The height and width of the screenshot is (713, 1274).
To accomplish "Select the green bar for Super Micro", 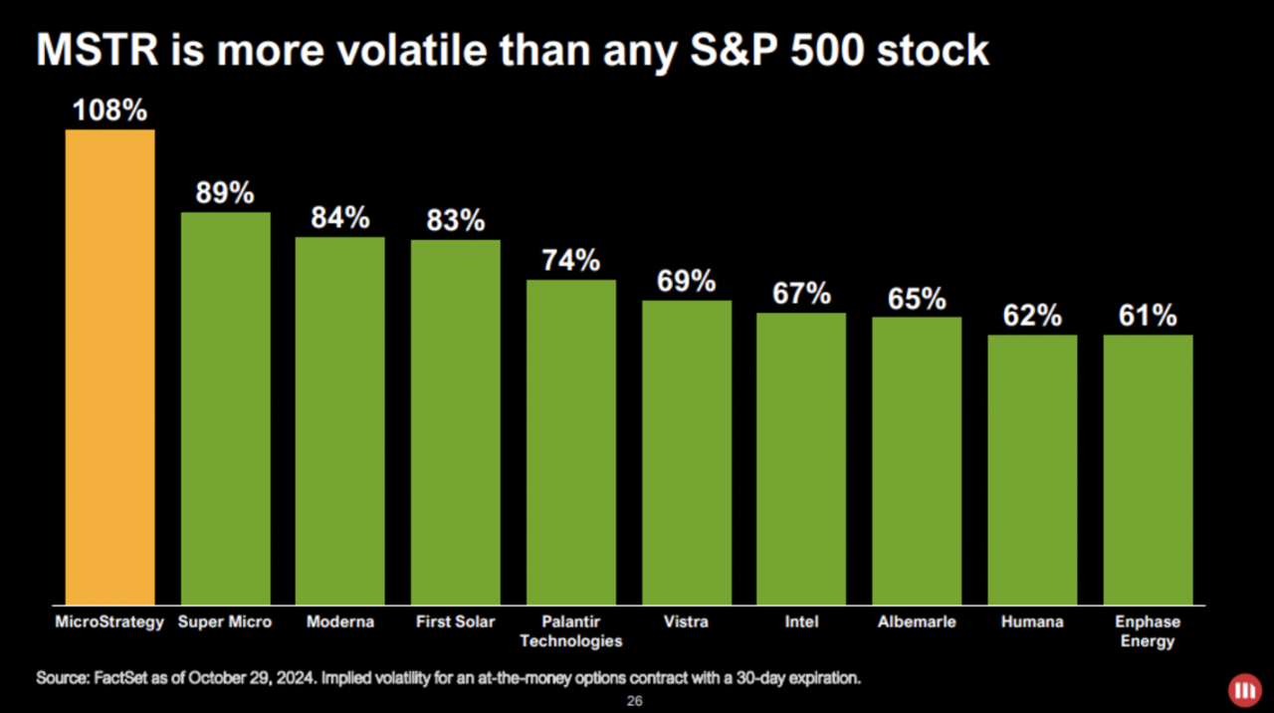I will pyautogui.click(x=225, y=408).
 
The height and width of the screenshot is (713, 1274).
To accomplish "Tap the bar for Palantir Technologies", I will pyautogui.click(x=571, y=442).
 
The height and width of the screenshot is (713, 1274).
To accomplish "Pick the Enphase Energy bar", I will pyautogui.click(x=1148, y=470).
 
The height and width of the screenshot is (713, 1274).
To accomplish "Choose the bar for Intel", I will pyautogui.click(x=801, y=459).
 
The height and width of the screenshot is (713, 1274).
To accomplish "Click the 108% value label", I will pyautogui.click(x=109, y=111).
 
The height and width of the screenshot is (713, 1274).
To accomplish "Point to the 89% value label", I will pyautogui.click(x=225, y=193).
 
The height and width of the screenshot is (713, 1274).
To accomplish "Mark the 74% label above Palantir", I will pyautogui.click(x=571, y=261).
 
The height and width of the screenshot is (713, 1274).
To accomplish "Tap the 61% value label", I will pyautogui.click(x=1148, y=316).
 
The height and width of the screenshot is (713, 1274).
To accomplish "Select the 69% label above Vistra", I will pyautogui.click(x=687, y=282).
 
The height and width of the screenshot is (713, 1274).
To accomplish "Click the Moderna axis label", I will pyautogui.click(x=340, y=622).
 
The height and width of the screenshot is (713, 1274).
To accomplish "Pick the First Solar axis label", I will pyautogui.click(x=456, y=622).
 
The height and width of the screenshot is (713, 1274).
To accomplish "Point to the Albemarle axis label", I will pyautogui.click(x=917, y=622).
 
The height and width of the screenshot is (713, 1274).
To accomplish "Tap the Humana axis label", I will pyautogui.click(x=1032, y=622).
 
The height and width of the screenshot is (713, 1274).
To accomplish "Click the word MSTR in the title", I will pyautogui.click(x=98, y=50).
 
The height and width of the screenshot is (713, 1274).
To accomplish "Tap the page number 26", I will pyautogui.click(x=634, y=701).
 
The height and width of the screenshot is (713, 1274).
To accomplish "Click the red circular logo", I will pyautogui.click(x=1242, y=689).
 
